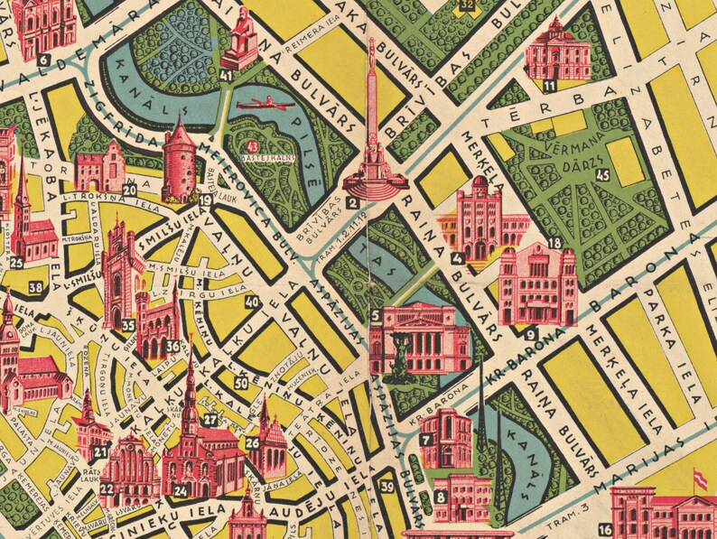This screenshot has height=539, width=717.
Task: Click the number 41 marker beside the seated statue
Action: tap(226, 77)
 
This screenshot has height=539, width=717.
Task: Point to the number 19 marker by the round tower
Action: tap(206, 200)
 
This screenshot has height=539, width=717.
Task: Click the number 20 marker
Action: tap(131, 189)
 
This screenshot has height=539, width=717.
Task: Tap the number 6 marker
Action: tap(42, 60)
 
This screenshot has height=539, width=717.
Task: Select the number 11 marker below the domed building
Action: tap(550, 86)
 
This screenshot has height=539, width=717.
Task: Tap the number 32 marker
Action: tap(466, 7)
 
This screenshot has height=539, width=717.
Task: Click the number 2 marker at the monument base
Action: tap(353, 202)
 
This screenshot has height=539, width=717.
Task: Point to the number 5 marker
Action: tap(375, 314)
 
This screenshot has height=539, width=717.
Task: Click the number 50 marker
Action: tap(240, 383)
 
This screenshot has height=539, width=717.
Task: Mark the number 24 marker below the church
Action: tap(182, 492)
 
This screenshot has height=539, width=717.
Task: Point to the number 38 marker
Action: tap(35, 288)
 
